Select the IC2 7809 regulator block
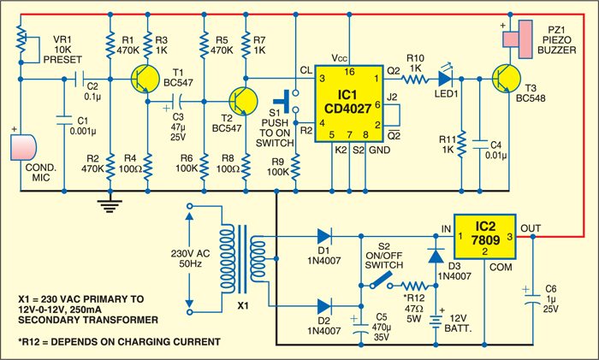click(485, 237)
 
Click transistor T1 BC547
click(141, 81)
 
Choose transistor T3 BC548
click(507, 81)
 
